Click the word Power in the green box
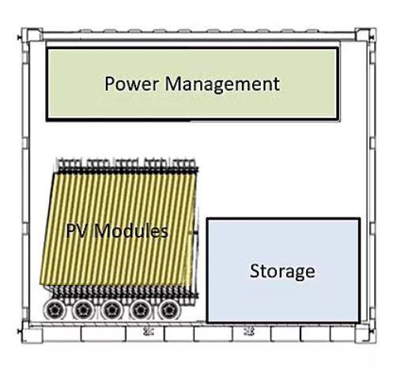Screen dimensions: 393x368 (x=132, y=84)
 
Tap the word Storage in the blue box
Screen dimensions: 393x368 (x=282, y=272)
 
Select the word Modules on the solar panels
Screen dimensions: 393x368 (x=131, y=231)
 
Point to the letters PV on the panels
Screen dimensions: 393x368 (x=77, y=231)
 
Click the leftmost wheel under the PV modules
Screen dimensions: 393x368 (x=55, y=310)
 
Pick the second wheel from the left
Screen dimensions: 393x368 (x=83, y=310)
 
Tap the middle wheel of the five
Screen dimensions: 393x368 (x=111, y=310)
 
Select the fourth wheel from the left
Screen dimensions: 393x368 (x=141, y=310)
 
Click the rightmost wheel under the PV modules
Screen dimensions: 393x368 (x=169, y=310)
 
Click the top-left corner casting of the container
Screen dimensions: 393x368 (x=32, y=35)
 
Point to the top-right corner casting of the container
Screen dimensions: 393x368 (x=365, y=35)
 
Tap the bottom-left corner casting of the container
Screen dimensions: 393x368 (x=32, y=335)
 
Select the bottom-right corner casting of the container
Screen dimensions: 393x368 (x=365, y=335)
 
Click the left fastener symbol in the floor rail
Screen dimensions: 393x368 (x=149, y=332)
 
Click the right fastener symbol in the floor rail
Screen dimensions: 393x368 (x=249, y=332)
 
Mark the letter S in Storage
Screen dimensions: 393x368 (x=255, y=271)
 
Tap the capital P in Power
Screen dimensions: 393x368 (x=110, y=84)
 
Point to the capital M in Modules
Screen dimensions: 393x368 (x=102, y=231)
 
